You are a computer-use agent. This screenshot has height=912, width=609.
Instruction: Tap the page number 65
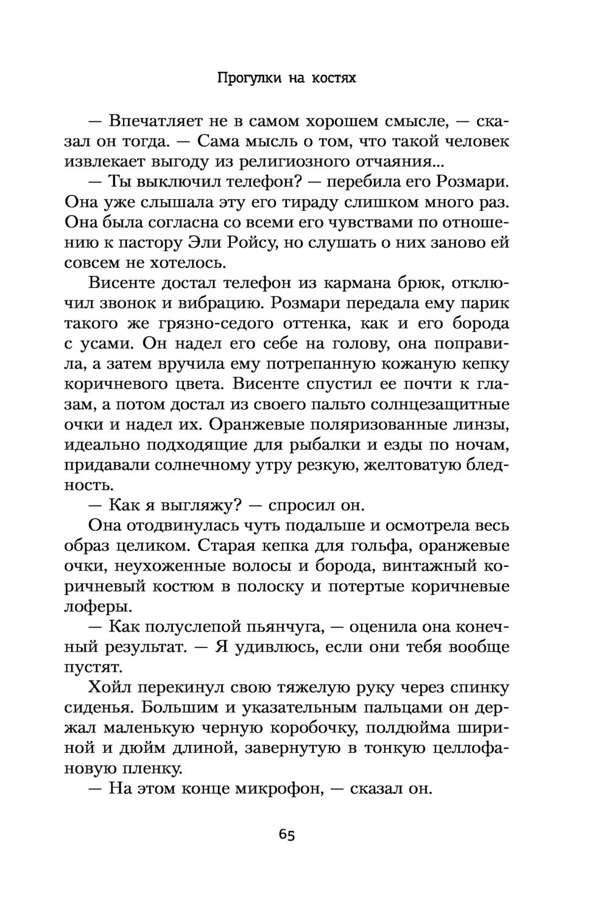[287, 835]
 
